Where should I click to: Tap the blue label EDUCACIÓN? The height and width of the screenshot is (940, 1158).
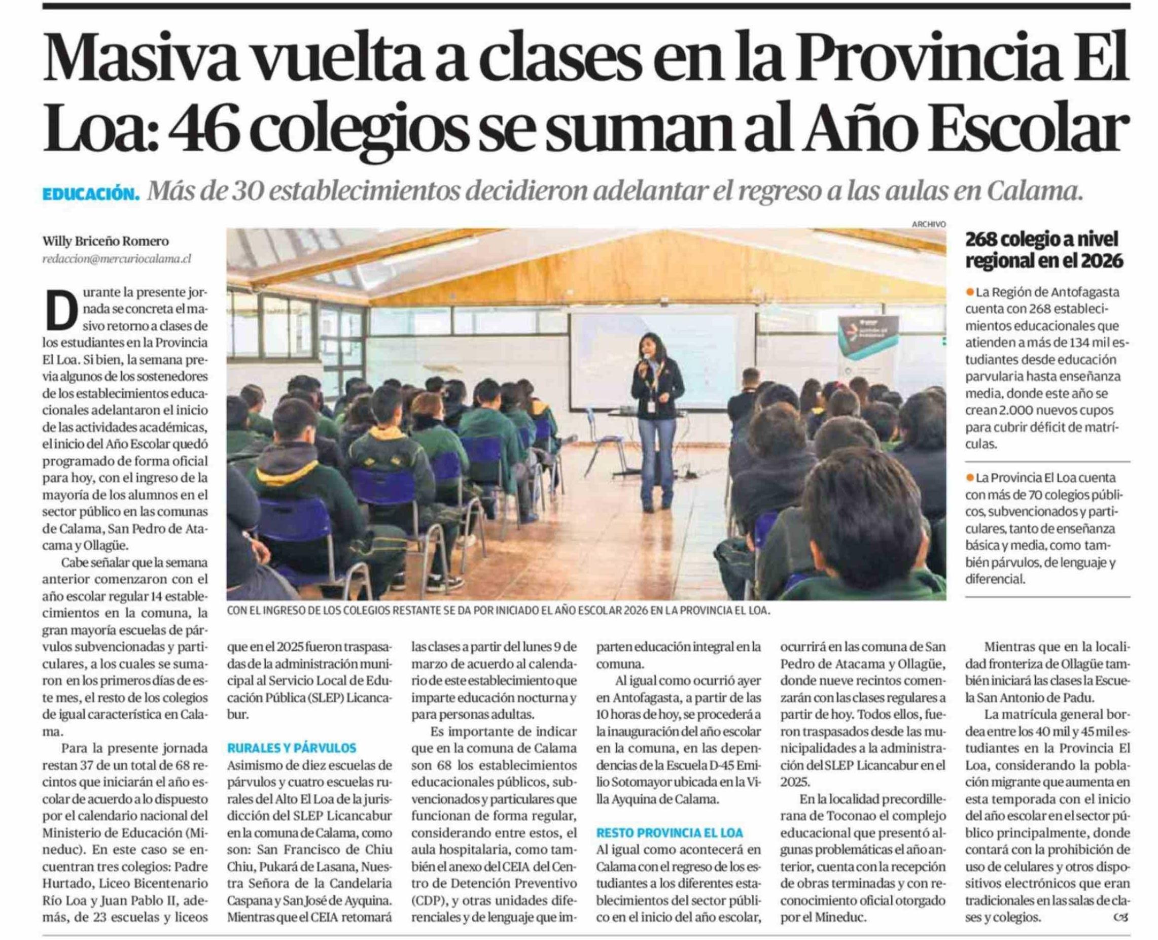90,193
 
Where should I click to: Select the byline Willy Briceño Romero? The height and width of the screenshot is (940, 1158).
106,241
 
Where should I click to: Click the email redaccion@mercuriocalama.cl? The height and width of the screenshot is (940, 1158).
116,259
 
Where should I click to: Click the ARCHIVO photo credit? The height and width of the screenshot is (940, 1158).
929,224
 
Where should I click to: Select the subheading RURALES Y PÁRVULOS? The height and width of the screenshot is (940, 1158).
292,748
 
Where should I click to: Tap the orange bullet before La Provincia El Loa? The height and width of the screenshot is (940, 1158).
970,478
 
